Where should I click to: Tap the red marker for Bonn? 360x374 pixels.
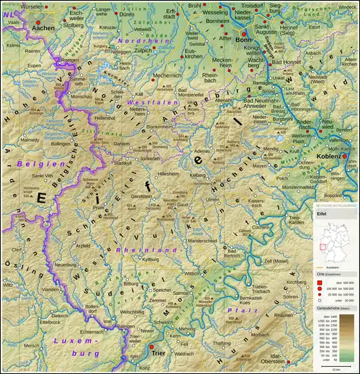[243, 34]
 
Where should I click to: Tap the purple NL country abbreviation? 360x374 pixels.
[8, 12]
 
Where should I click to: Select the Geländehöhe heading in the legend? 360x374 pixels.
[333, 308]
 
